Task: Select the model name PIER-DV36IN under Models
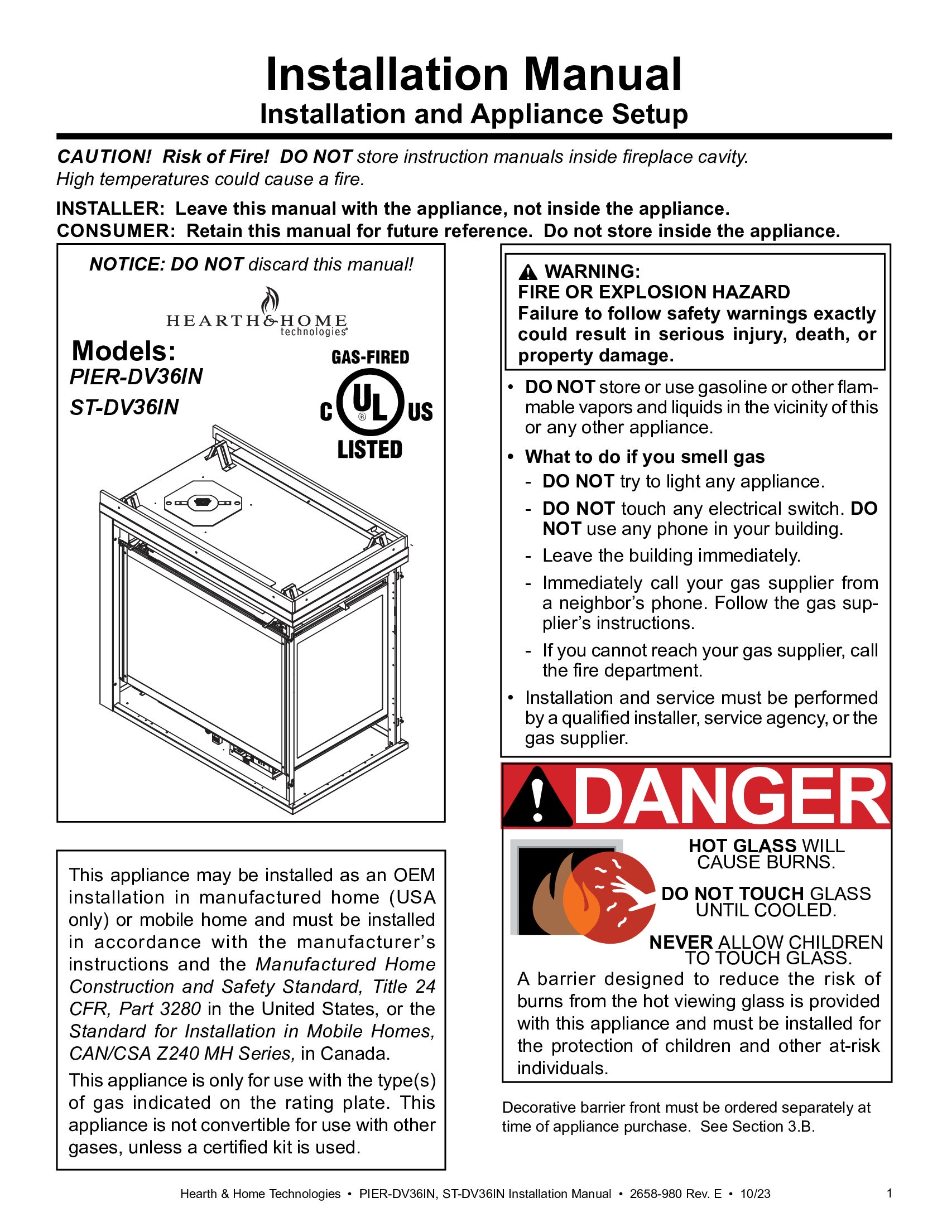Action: point(136,376)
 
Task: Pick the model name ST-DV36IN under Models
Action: point(124,407)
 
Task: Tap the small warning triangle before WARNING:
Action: point(528,273)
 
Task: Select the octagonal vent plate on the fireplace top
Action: point(203,503)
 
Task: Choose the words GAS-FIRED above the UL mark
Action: point(371,358)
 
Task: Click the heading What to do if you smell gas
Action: point(645,457)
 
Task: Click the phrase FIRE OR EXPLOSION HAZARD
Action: point(653,292)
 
